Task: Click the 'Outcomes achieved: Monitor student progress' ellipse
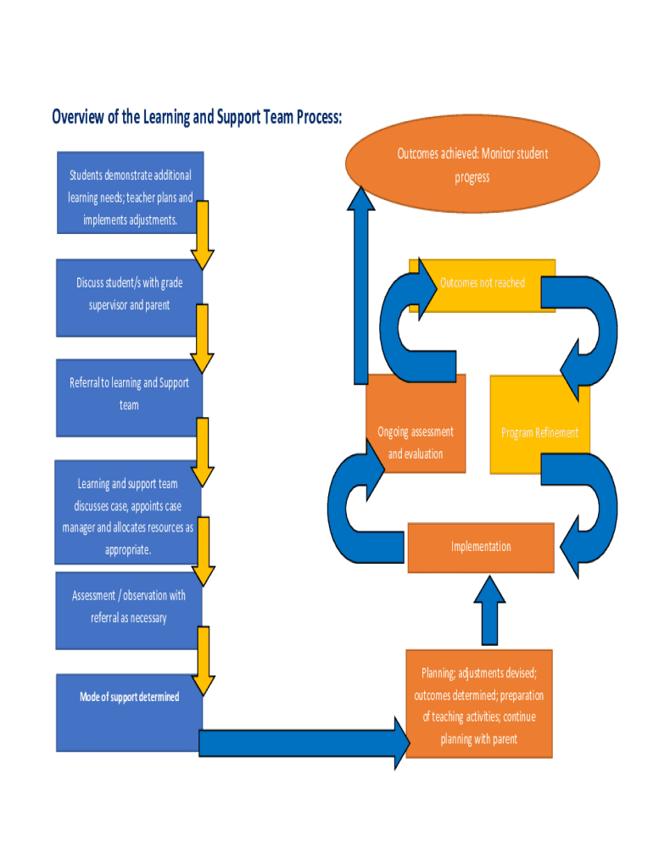[472, 166]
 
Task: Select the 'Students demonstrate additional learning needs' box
[130, 193]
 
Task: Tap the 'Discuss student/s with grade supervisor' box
[129, 296]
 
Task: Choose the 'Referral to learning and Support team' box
[129, 397]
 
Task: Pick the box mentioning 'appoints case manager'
[127, 513]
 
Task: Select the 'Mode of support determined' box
[129, 712]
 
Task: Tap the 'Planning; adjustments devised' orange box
[479, 704]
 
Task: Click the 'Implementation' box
[481, 548]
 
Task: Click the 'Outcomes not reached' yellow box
[482, 285]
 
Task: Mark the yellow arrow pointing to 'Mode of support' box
[204, 661]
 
